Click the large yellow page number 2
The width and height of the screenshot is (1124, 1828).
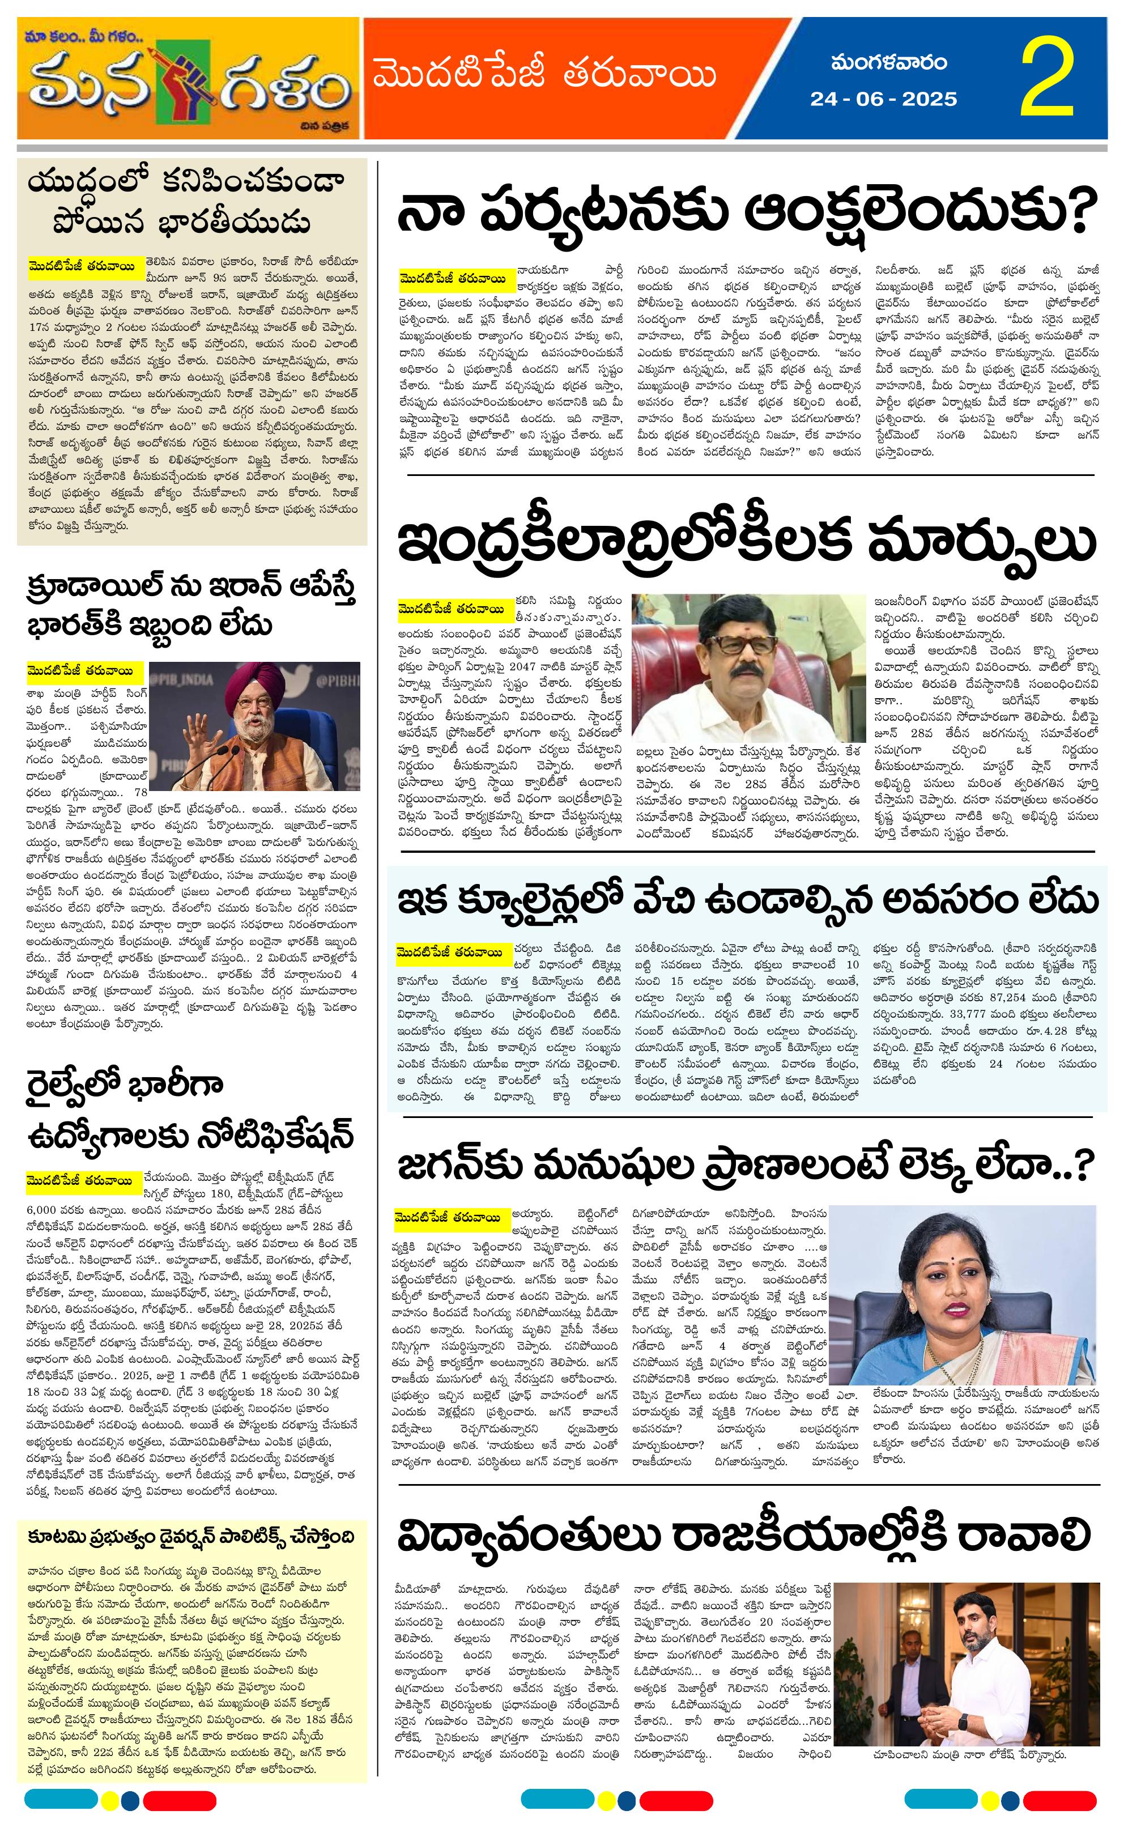tap(1048, 78)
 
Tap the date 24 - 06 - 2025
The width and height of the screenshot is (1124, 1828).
tap(883, 99)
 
